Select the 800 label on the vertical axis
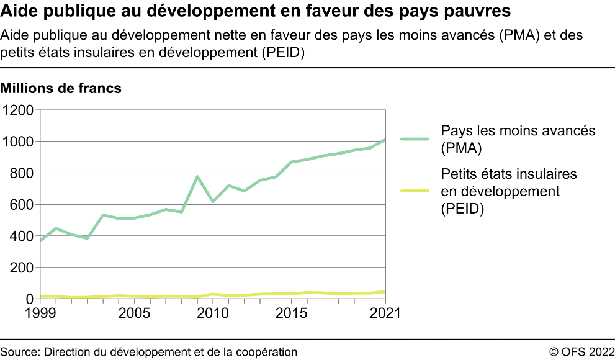click(21, 173)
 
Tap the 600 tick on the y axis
click(21, 205)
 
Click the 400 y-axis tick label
click(21, 236)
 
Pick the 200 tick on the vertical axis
click(21, 268)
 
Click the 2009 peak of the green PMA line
click(197, 177)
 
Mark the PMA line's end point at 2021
click(385, 140)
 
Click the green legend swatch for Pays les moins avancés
click(414, 139)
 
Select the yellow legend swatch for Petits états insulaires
click(414, 191)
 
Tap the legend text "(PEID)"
click(462, 209)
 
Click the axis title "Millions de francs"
click(61, 88)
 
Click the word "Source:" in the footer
click(21, 351)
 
